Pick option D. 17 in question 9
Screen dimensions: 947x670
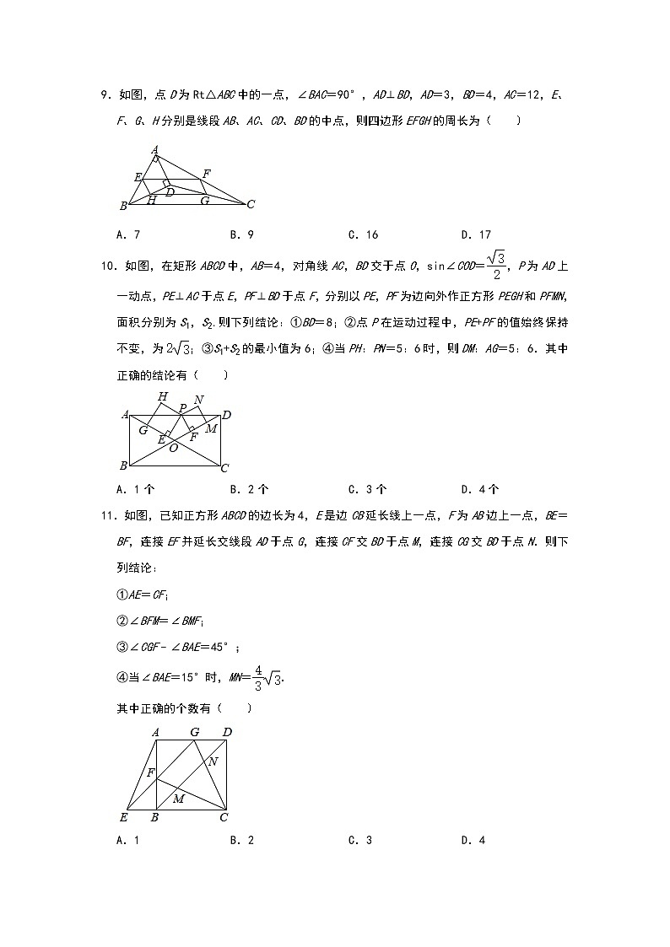click(x=476, y=234)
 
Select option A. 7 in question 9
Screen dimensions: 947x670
click(x=127, y=234)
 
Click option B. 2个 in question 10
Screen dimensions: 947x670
click(x=248, y=488)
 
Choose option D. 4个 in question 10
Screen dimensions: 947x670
click(x=479, y=488)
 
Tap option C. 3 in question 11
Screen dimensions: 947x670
click(x=359, y=840)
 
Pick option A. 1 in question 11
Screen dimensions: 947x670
click(x=127, y=840)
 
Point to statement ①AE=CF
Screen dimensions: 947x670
click(x=142, y=594)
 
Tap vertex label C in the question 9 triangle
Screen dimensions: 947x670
click(x=251, y=204)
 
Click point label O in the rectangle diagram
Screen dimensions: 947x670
click(x=174, y=448)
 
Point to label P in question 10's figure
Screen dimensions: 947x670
click(x=181, y=407)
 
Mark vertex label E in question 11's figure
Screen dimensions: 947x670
click(x=123, y=816)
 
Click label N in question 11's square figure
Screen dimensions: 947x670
click(x=213, y=761)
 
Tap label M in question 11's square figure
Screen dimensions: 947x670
click(x=179, y=799)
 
